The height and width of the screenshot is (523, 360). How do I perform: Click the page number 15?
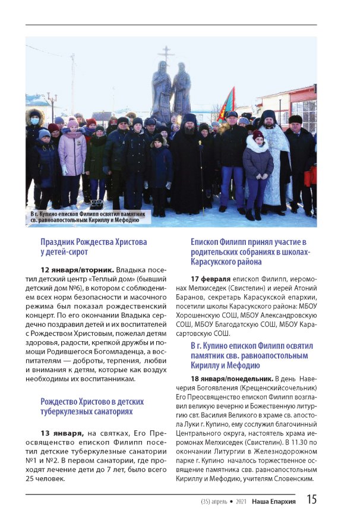(311, 499)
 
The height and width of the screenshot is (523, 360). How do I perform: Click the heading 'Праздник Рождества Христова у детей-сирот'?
(93, 247)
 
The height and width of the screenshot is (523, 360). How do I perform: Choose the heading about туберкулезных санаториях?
(92, 406)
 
